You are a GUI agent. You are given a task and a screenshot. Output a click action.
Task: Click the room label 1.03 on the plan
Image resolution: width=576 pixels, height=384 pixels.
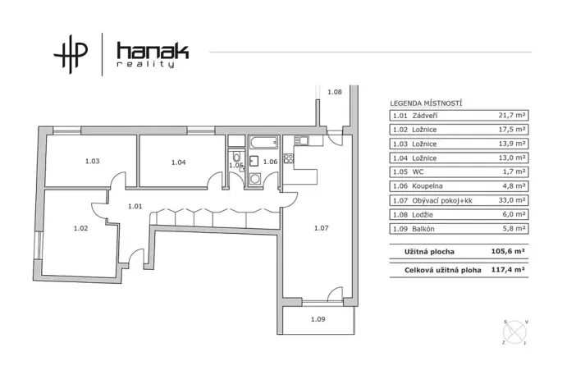click(92, 161)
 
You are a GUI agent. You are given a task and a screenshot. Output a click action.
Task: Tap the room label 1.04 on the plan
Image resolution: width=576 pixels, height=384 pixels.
click(179, 162)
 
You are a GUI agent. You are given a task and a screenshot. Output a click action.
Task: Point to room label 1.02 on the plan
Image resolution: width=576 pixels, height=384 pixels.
click(80, 228)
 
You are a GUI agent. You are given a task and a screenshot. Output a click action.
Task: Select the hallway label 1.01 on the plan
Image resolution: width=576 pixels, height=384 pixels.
click(135, 206)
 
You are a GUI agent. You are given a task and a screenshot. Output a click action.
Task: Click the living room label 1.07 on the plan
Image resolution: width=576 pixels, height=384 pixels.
click(321, 228)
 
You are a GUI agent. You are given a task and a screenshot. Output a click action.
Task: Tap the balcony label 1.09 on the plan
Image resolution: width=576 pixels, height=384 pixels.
click(318, 319)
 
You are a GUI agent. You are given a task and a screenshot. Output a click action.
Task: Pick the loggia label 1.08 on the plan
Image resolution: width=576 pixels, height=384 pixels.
click(335, 92)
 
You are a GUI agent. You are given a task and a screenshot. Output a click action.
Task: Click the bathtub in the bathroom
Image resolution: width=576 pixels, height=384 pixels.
click(263, 142)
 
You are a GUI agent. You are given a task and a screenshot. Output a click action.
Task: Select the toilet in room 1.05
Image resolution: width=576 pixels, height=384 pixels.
click(237, 157)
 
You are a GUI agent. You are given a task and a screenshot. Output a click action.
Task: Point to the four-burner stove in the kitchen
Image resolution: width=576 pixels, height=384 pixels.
click(289, 158)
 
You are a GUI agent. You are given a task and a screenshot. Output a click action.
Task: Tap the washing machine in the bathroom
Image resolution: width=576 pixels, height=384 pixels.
click(254, 179)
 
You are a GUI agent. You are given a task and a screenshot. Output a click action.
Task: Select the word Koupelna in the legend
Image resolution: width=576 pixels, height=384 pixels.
click(427, 186)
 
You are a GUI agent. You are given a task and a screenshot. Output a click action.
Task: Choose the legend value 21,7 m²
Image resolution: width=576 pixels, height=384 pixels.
click(512, 115)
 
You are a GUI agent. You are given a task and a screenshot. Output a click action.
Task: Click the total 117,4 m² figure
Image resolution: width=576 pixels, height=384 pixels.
click(508, 269)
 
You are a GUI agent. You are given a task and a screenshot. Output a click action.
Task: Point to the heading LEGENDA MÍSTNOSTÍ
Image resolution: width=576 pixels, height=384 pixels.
click(426, 103)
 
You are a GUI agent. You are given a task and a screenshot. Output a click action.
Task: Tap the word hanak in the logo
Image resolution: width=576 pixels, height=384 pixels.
click(153, 51)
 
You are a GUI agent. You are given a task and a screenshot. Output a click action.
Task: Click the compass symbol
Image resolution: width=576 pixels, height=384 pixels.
click(515, 332)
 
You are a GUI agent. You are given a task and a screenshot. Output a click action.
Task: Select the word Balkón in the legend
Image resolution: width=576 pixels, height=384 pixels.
click(423, 229)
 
